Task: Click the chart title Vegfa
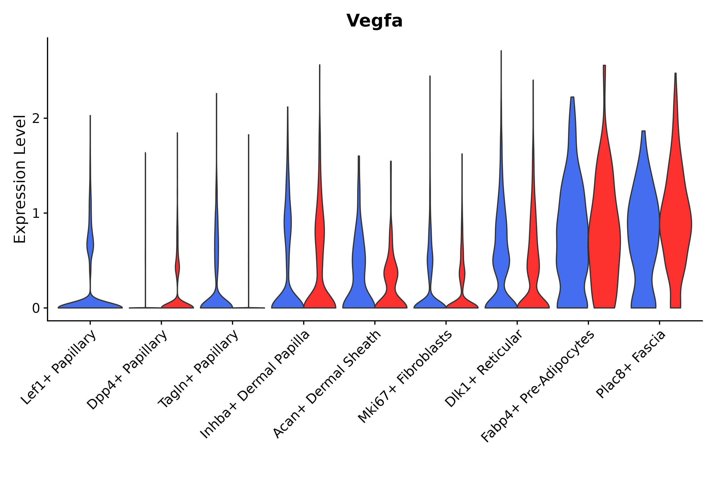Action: (x=374, y=21)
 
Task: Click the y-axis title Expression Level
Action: (x=20, y=179)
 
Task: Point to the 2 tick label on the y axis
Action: (x=36, y=119)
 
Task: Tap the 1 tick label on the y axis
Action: (x=36, y=214)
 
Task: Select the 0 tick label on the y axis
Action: (x=36, y=308)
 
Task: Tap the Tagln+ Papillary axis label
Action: (x=198, y=369)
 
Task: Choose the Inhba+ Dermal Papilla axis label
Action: (x=255, y=385)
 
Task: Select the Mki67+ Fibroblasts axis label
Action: (x=405, y=377)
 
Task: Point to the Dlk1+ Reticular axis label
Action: (x=484, y=368)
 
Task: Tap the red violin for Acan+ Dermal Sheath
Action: (x=391, y=274)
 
